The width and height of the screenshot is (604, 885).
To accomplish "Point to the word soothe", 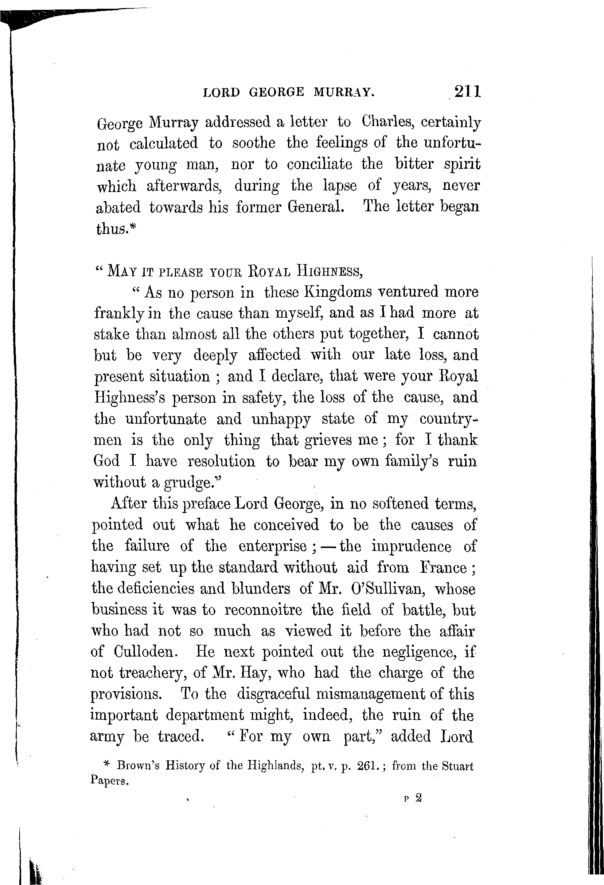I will click(x=253, y=143).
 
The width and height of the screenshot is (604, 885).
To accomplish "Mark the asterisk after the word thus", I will click(x=133, y=227).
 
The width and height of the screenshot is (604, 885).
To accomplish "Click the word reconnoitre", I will click(x=263, y=610).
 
